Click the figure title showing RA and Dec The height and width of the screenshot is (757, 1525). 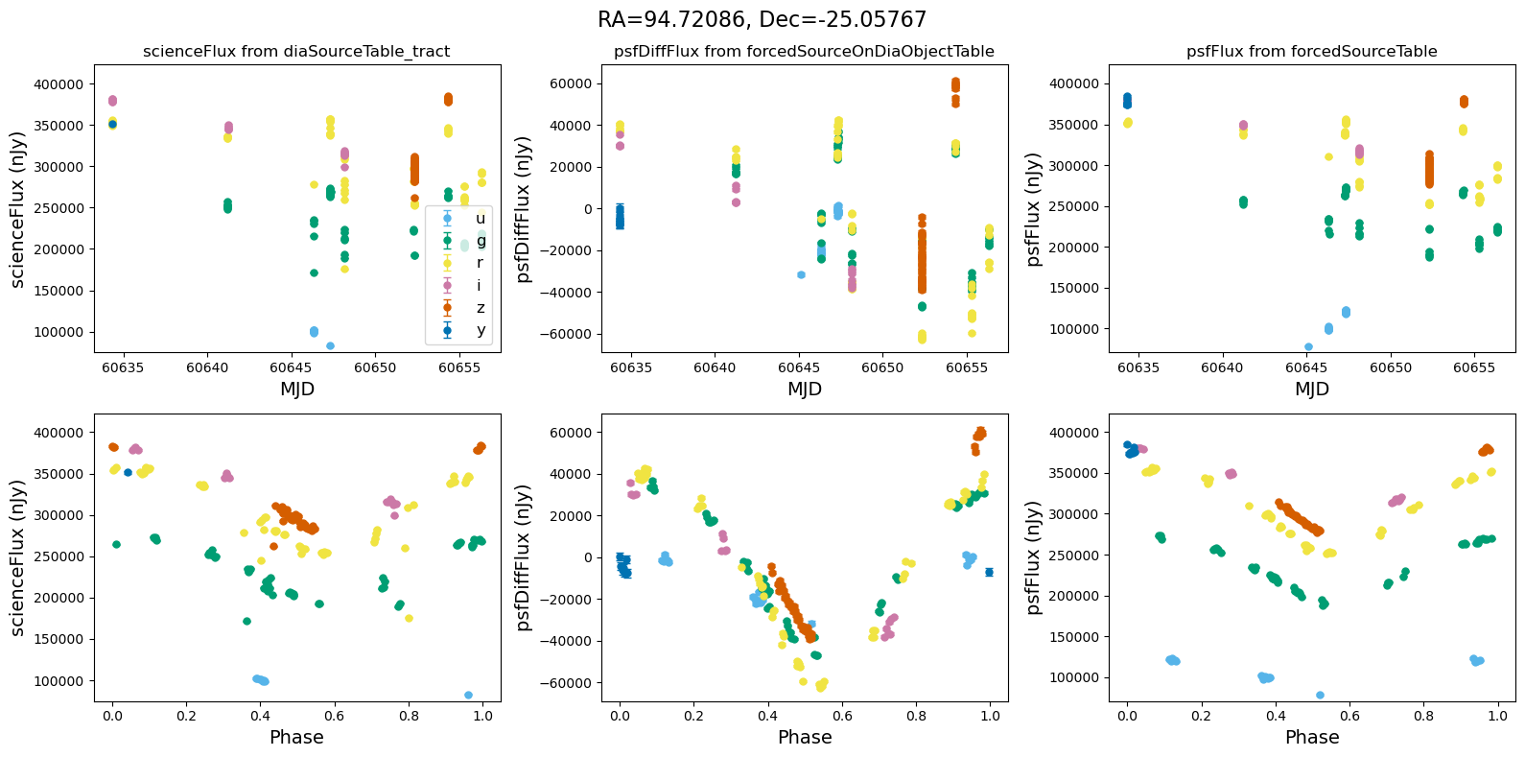(762, 20)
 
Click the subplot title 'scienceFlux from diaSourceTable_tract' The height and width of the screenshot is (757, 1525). (296, 52)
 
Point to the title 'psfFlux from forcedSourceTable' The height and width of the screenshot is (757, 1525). (1311, 52)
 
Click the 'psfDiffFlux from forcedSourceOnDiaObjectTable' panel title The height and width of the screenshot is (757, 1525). (804, 52)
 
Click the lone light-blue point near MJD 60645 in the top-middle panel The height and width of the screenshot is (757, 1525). (801, 275)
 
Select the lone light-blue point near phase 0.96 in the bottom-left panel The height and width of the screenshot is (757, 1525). (468, 695)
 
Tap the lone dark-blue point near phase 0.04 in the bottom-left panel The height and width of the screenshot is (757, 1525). (128, 472)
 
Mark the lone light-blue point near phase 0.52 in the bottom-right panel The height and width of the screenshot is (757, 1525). (1320, 695)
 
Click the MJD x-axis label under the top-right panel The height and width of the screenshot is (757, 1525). (1311, 390)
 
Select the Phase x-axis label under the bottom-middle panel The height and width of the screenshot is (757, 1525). (804, 738)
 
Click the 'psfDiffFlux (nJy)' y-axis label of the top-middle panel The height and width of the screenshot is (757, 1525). (524, 210)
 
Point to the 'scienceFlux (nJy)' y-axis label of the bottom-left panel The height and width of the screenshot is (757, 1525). (17, 558)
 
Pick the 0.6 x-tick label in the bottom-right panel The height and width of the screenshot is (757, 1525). (1349, 717)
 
